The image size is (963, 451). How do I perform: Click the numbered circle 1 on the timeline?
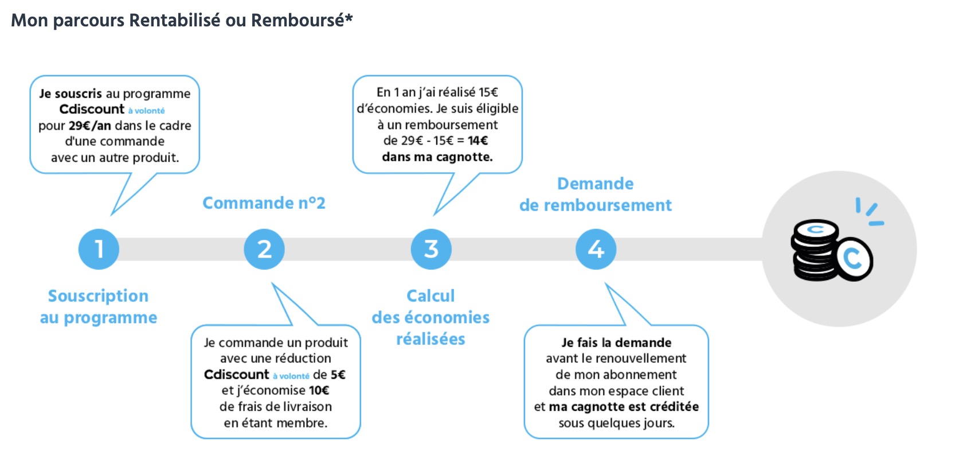(99, 249)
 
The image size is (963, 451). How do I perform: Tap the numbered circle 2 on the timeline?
(264, 249)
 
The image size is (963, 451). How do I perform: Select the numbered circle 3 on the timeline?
(431, 249)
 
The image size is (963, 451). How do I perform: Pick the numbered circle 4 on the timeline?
(596, 249)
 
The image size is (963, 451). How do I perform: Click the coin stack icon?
(831, 250)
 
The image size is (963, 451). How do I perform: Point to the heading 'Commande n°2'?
(264, 203)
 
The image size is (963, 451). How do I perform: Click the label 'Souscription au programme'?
(99, 307)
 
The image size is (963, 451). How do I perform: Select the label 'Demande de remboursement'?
(596, 195)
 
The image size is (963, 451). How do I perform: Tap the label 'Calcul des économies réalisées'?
(431, 318)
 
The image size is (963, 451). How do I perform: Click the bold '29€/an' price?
(90, 126)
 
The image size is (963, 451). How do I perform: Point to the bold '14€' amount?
(478, 141)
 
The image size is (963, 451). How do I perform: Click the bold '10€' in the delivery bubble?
(319, 390)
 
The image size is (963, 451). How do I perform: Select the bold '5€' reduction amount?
(338, 375)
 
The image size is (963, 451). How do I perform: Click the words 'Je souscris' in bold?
(71, 94)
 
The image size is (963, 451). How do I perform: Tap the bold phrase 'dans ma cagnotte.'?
(437, 157)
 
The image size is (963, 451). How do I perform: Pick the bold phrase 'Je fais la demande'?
(617, 343)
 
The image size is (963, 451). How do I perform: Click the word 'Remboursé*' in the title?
(302, 20)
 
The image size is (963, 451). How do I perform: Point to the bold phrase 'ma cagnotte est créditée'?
(624, 407)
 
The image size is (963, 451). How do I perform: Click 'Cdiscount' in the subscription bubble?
(92, 109)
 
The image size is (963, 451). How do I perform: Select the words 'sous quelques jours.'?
(617, 423)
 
